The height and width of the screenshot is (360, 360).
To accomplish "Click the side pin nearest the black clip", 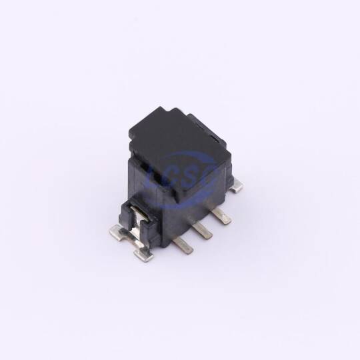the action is click(183, 245).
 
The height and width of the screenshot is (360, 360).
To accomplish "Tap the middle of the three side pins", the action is click(202, 230).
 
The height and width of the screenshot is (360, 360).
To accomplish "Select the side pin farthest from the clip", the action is click(221, 216).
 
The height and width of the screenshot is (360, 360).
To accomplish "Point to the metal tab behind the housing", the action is click(237, 186).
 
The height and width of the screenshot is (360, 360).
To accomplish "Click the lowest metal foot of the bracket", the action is click(143, 255).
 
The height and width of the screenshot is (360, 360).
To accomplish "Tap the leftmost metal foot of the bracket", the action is click(118, 232).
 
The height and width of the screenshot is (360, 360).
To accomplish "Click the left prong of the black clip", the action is click(126, 213).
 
